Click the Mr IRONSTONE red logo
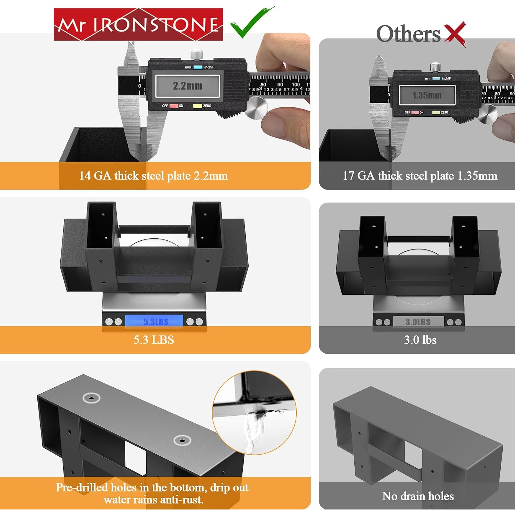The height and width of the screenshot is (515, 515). pos(138,24)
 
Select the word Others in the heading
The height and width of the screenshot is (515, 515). pos(408,34)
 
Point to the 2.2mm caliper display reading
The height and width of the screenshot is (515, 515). pos(187,86)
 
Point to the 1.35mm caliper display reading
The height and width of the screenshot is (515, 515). pos(427,95)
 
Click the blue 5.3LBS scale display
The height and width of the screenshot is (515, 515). pos(154,321)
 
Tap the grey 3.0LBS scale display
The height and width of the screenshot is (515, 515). pos(418,322)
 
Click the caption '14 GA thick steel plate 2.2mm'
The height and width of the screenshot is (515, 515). pos(153,176)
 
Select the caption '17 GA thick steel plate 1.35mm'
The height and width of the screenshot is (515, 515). pos(420,176)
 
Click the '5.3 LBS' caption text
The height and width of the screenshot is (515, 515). pos(154,340)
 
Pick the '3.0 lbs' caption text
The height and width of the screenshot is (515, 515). pos(420,340)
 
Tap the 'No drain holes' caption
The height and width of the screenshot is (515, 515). pos(418,496)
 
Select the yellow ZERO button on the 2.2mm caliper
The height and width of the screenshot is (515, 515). pos(197,106)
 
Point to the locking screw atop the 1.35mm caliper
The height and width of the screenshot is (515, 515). pos(435,67)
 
